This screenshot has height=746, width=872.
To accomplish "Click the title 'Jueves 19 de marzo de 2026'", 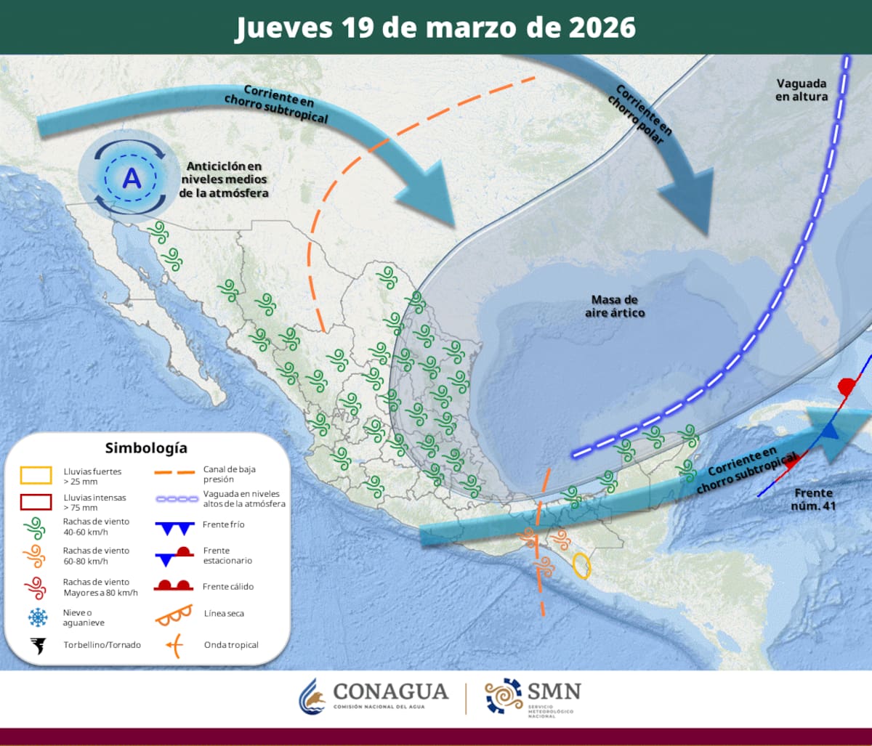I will point(435,27).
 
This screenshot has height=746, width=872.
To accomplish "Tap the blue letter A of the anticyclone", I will point(132,177).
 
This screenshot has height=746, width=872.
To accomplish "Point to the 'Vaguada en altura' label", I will point(802,89).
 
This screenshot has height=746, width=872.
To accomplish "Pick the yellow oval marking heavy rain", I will point(581,565).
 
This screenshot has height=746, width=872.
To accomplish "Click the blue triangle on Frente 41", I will point(830,430).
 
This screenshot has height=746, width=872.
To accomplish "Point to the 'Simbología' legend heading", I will point(146,447).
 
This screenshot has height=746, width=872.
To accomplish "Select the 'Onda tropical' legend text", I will point(231,644).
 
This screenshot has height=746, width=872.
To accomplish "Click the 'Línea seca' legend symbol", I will point(174,615).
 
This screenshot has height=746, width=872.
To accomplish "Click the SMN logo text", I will point(555,691).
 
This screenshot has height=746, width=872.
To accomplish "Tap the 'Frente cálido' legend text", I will point(229,586).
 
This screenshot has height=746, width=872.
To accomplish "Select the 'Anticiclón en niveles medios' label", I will point(223,179).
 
